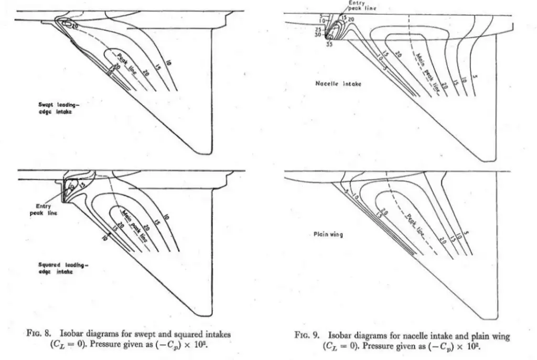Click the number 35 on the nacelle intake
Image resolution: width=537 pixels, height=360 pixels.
point(329,45)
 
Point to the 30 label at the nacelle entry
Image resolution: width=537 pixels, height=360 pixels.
point(318,35)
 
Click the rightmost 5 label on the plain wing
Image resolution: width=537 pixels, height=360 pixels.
point(467,234)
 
